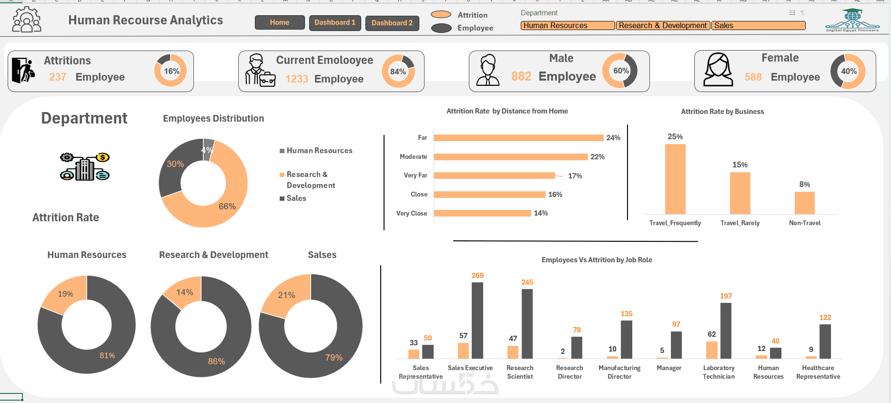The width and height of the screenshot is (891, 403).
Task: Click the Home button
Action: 280,22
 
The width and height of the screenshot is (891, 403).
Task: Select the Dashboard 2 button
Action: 392,23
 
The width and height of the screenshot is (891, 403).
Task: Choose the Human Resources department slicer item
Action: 567,26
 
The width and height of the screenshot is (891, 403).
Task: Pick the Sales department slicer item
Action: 758,26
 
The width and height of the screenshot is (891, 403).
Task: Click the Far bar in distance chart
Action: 518,138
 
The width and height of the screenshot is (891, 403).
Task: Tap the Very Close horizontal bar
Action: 482,213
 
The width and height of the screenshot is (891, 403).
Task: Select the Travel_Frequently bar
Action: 675,179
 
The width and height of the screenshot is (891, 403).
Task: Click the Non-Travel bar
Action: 804,203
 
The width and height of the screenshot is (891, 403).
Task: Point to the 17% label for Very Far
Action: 575,176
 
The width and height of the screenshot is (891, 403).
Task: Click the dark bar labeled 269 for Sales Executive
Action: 477,320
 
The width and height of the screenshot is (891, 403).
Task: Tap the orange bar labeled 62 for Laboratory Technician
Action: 712,350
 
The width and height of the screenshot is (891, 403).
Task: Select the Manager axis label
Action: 669,368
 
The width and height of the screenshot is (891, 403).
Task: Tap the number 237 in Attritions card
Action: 58,77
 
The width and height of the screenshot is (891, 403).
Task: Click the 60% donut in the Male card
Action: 621,71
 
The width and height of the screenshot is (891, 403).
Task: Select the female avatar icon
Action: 718,70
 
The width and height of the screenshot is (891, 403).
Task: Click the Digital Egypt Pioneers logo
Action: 852,21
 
